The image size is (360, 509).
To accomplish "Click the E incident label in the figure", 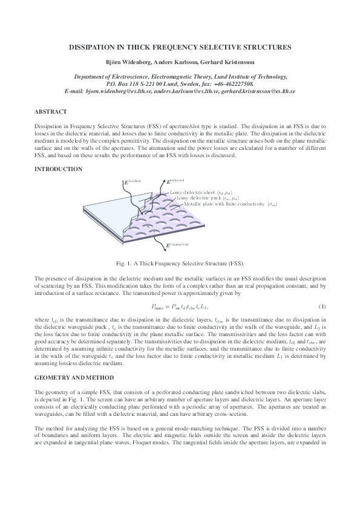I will (131, 181).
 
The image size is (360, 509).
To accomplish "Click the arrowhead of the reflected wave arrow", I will (163, 180).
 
